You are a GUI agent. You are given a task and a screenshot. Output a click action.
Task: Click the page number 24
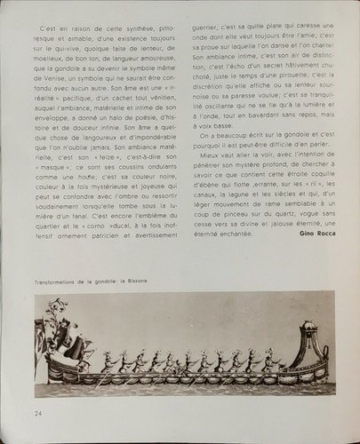point(38,412)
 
